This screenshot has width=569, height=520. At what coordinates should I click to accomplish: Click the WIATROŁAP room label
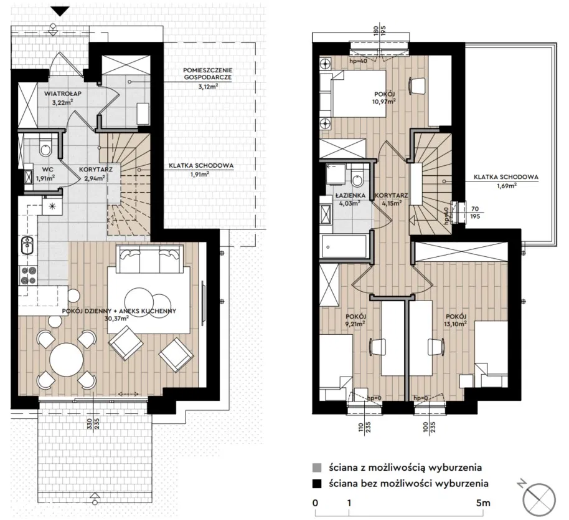pyautogui.click(x=63, y=94)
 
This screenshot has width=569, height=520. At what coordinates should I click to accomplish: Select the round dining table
pyautogui.click(x=67, y=360)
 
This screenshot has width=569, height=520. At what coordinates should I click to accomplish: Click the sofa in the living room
pyautogui.click(x=148, y=259)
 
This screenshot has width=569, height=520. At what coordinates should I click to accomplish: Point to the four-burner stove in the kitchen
pyautogui.click(x=28, y=275)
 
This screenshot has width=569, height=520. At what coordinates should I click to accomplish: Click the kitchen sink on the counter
pyautogui.click(x=27, y=245)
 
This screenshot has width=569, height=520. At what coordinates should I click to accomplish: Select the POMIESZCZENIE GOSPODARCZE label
pyautogui.click(x=208, y=74)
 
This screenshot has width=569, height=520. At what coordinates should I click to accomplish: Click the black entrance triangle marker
pyautogui.click(x=60, y=12)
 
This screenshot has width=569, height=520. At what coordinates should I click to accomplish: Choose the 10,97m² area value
pyautogui.click(x=384, y=101)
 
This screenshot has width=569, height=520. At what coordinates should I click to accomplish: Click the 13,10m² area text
pyautogui.click(x=456, y=323)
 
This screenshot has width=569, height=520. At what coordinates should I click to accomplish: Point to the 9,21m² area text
pyautogui.click(x=355, y=323)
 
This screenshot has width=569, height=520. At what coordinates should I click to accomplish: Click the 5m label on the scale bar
pyautogui.click(x=483, y=503)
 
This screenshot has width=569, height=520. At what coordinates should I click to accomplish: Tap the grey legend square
pyautogui.click(x=317, y=467)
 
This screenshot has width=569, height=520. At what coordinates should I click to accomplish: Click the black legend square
pyautogui.click(x=317, y=484)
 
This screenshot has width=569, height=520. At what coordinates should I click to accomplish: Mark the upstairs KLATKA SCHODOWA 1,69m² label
pyautogui.click(x=506, y=181)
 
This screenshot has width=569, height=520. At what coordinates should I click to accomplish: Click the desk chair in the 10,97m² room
pyautogui.click(x=418, y=86)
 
